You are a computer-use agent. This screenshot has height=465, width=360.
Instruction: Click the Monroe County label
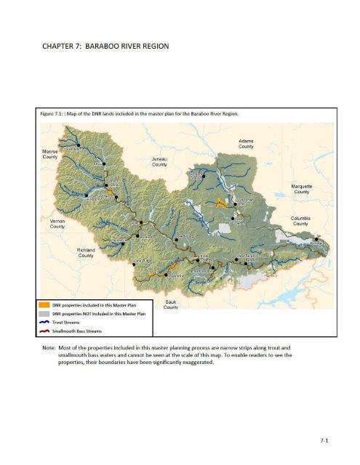(x=49, y=153)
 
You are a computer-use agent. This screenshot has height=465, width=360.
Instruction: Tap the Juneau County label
(x=159, y=161)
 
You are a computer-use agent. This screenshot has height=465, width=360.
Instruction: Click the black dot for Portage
(x=316, y=239)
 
